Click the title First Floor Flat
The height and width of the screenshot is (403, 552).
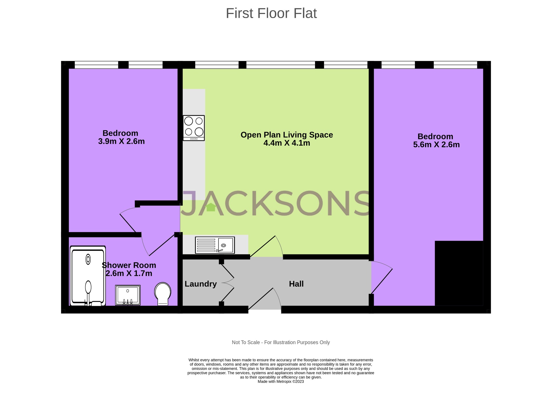tap(271, 13)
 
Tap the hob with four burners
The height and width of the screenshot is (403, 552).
tap(194, 128)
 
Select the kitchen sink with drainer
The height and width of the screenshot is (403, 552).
tap(215, 245)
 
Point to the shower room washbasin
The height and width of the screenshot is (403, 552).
tap(128, 295)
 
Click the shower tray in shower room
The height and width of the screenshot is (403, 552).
tap(88, 276)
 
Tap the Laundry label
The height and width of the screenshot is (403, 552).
tap(201, 284)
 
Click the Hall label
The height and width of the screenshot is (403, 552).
tap(296, 284)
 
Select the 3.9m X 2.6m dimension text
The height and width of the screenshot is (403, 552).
tap(121, 141)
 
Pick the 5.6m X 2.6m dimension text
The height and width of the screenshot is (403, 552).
tap(436, 145)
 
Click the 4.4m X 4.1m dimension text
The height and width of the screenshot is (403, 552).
tap(287, 143)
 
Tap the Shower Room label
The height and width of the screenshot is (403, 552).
tap(129, 265)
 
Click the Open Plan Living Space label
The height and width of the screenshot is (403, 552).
tap(287, 135)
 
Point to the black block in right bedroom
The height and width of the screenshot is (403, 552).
tap(459, 273)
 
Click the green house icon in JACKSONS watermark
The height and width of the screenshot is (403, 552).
tap(211, 207)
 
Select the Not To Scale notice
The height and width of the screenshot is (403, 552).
tap(281, 342)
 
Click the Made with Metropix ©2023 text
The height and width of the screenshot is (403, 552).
tap(281, 381)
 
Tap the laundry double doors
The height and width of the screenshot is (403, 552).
tap(228, 283)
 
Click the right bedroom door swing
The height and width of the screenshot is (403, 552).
tap(381, 279)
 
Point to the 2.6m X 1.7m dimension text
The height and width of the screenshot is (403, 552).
tap(129, 273)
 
